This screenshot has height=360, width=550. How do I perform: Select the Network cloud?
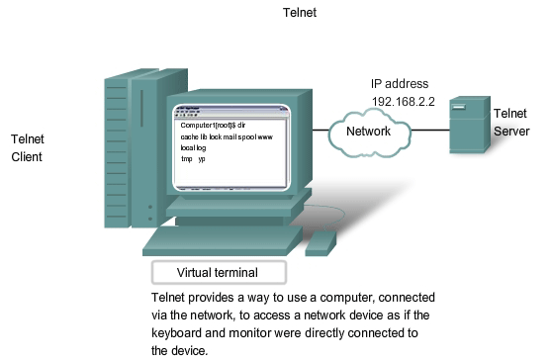[x=373, y=131]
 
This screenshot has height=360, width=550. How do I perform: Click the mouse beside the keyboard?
[x=320, y=242]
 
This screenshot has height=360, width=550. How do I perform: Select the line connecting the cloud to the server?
[x=429, y=130]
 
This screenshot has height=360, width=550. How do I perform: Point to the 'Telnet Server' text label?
[x=510, y=123]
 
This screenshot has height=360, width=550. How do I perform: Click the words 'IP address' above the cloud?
[x=391, y=84]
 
